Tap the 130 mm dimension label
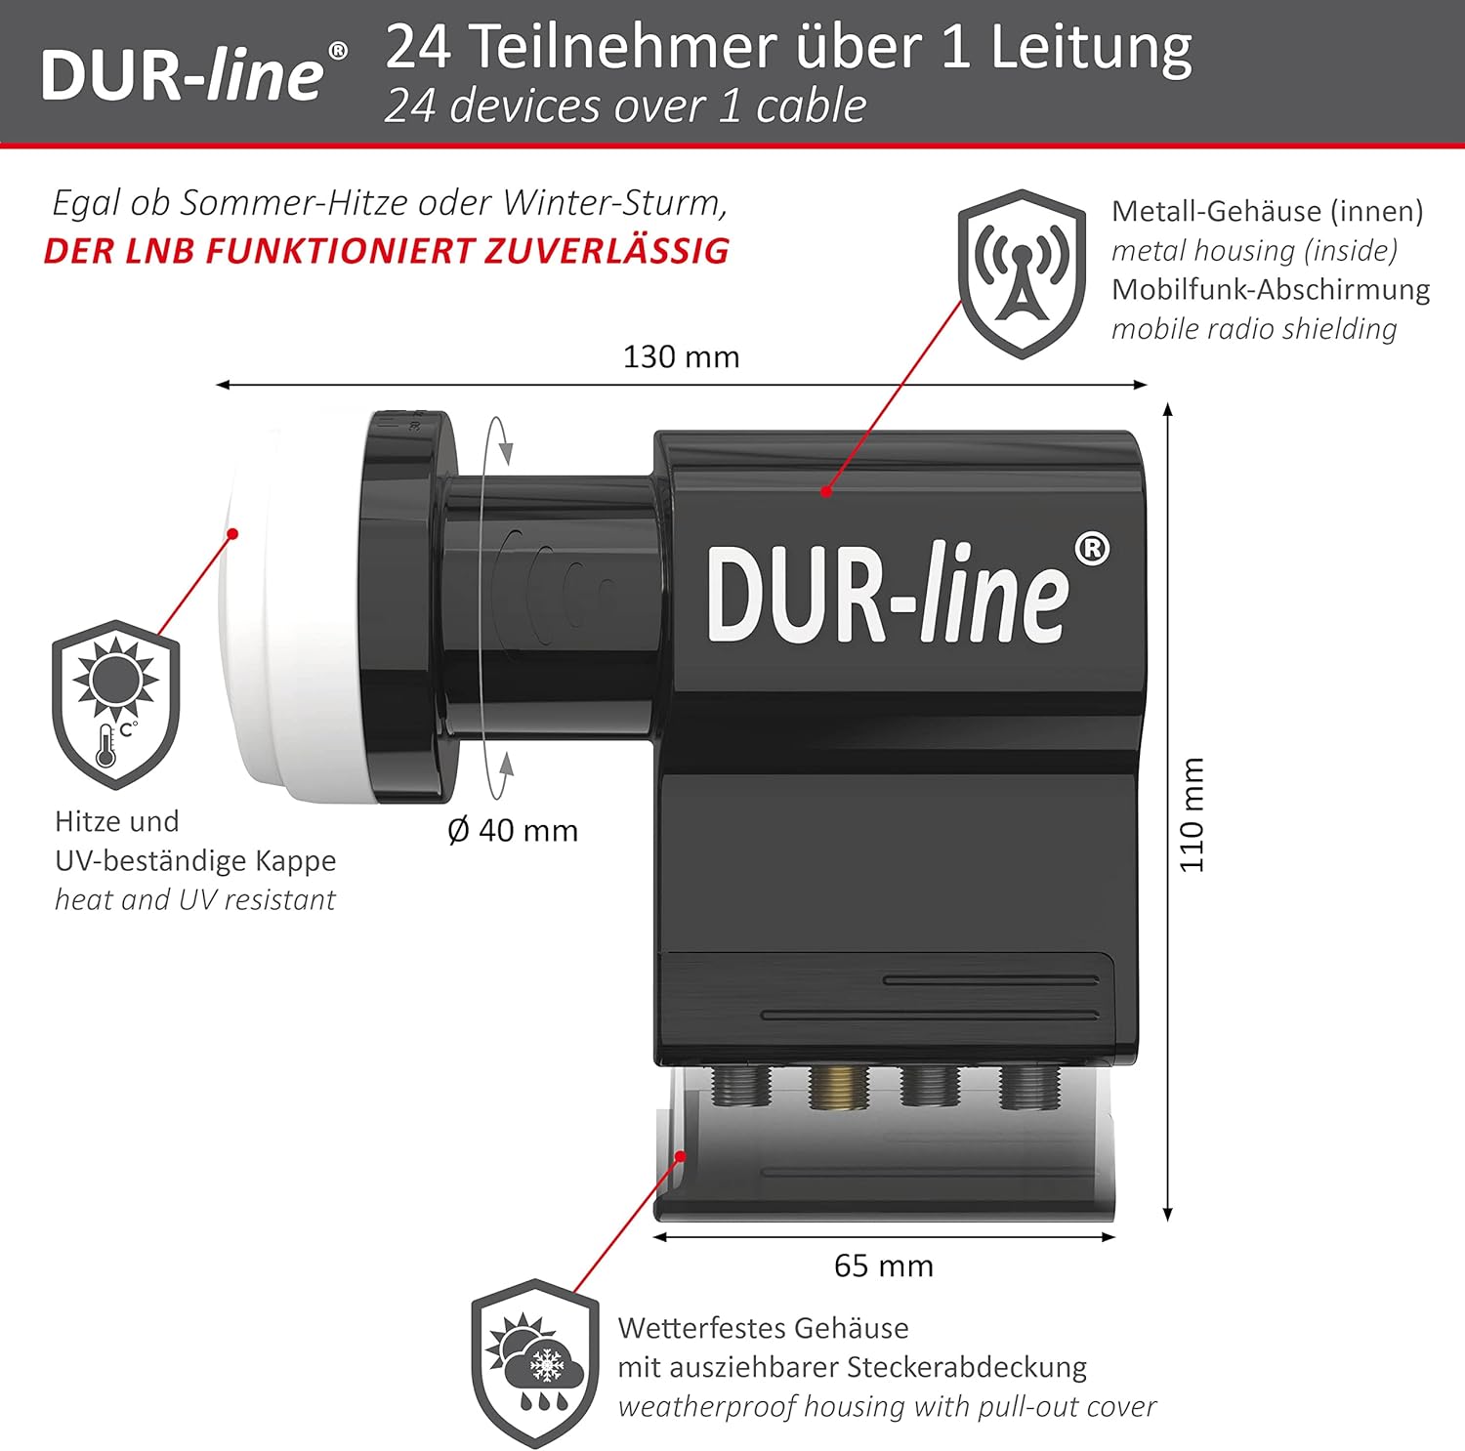tap(681, 356)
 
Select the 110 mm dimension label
tap(1192, 814)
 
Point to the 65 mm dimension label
tap(883, 1265)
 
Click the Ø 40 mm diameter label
tap(513, 830)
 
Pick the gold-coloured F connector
tap(838, 1086)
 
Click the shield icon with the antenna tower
tap(1022, 273)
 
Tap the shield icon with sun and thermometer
tap(116, 704)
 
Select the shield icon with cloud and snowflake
tap(535, 1363)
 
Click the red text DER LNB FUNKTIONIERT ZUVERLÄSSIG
tap(387, 251)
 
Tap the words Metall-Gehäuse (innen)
tap(1267, 211)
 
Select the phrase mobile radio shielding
tap(1254, 329)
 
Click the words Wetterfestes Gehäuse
tap(763, 1328)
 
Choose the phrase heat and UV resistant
tap(195, 899)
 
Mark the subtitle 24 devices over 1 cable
tap(625, 105)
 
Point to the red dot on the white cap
tap(232, 533)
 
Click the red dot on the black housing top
tap(826, 491)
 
